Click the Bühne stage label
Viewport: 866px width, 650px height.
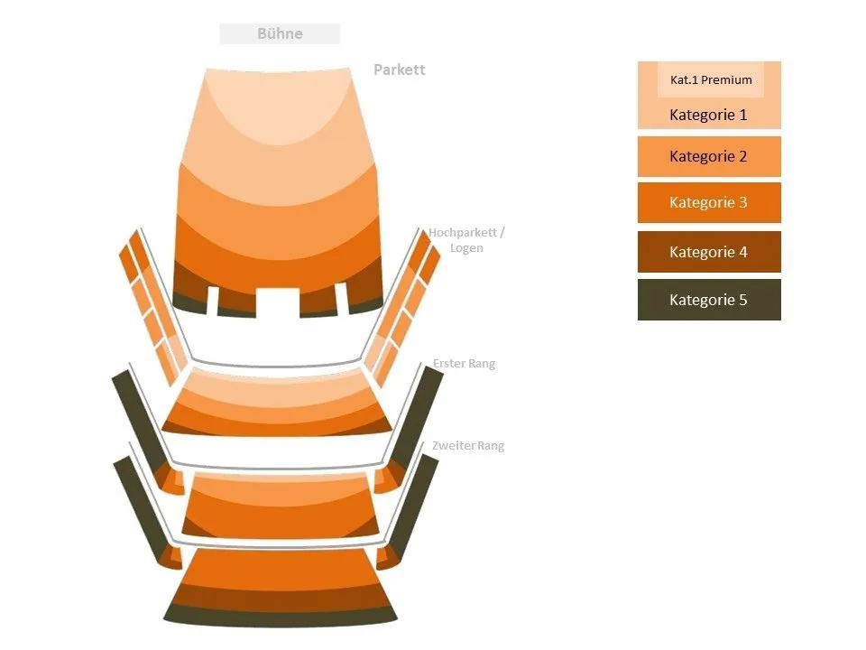click(280, 34)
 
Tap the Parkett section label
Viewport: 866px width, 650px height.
click(399, 70)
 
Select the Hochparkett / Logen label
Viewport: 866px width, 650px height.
click(466, 240)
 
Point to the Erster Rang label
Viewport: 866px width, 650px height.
click(464, 364)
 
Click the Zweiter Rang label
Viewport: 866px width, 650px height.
click(467, 446)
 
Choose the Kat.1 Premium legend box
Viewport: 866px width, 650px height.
click(711, 79)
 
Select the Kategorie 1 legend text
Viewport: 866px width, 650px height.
click(708, 116)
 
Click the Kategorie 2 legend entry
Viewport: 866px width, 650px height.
click(708, 156)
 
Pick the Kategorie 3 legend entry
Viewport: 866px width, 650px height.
click(708, 202)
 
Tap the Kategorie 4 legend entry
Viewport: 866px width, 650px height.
click(708, 252)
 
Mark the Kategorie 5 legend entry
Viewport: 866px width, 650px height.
click(708, 300)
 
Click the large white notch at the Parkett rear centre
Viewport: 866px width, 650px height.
click(278, 302)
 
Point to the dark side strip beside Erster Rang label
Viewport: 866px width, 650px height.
click(418, 415)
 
